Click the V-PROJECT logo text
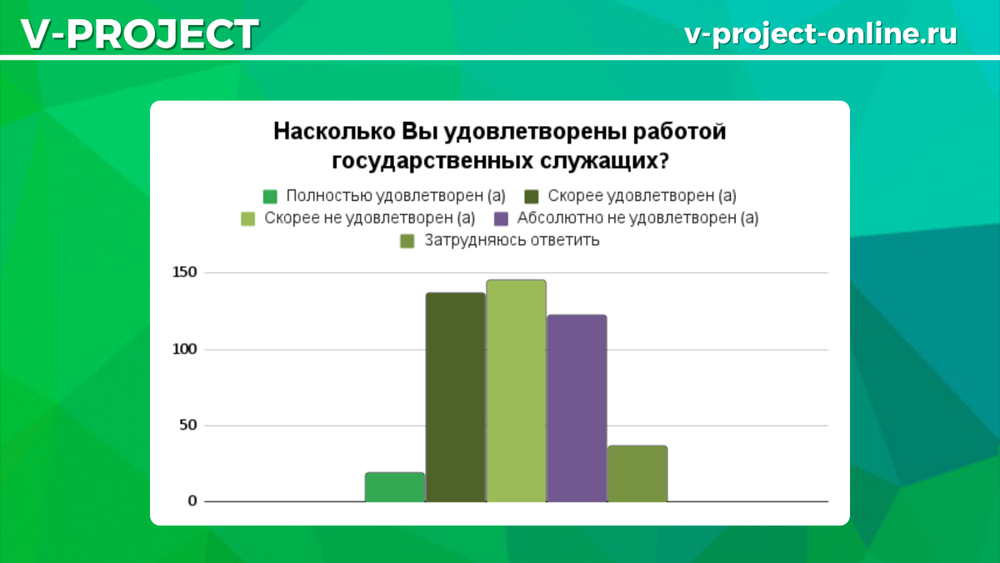tap(140, 34)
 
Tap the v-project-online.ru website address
tap(821, 34)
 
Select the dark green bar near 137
tap(455, 397)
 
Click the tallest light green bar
tap(516, 391)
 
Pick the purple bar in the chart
tap(577, 409)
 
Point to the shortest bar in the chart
tap(395, 487)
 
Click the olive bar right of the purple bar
tap(637, 474)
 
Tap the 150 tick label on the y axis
tap(185, 272)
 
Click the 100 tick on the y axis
tap(185, 349)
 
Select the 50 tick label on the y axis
tap(188, 425)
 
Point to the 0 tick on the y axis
tap(192, 501)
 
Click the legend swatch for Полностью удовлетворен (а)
tap(270, 196)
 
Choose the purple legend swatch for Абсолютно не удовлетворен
tap(502, 219)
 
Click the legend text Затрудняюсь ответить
tap(512, 240)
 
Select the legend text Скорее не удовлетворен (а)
tap(370, 218)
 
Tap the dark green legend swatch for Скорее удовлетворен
tap(532, 196)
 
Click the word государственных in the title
tap(432, 161)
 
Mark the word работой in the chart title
tap(679, 132)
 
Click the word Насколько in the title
tap(334, 132)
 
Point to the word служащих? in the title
tap(605, 161)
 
